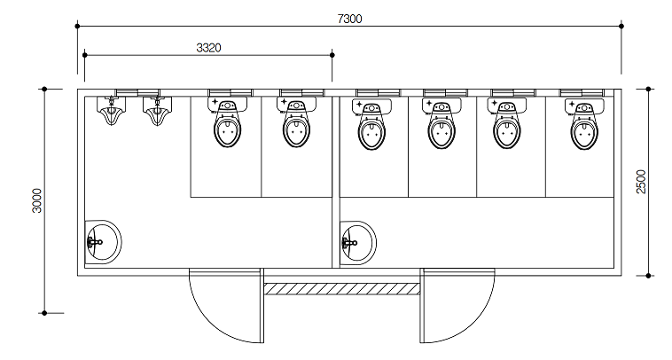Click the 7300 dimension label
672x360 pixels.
click(x=349, y=19)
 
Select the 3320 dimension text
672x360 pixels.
click(x=208, y=48)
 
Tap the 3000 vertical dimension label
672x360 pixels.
click(x=37, y=200)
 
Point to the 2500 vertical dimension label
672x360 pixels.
click(x=641, y=182)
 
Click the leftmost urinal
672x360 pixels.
click(x=112, y=110)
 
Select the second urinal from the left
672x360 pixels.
click(x=157, y=110)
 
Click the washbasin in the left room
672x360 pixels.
click(x=104, y=242)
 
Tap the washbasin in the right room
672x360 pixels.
click(x=358, y=243)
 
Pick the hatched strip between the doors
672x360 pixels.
click(x=341, y=288)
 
